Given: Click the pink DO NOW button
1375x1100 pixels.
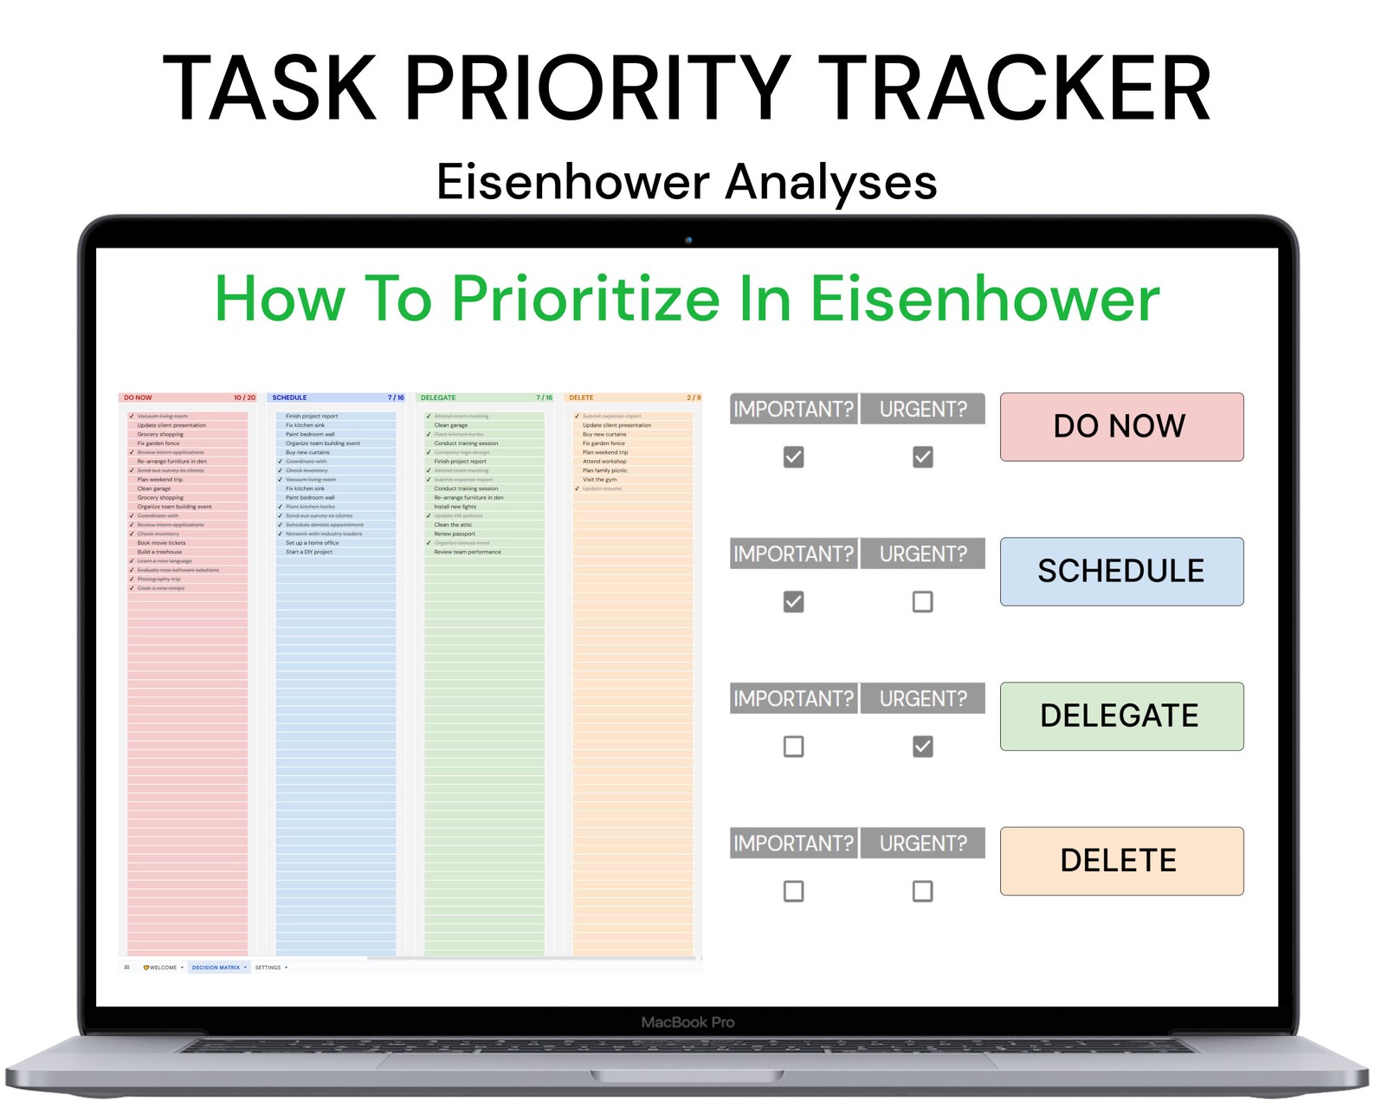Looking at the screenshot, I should [1121, 426].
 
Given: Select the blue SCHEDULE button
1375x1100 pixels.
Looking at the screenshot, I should [1121, 571].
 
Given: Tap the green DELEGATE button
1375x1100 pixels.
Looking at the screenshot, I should [1121, 715].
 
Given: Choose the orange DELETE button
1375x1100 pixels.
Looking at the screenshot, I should [1121, 860].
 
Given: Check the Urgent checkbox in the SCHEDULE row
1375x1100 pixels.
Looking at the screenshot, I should [922, 601].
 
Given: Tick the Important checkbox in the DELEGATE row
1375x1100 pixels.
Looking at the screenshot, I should [793, 746].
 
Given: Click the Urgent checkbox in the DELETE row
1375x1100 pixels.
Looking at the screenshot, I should [922, 890].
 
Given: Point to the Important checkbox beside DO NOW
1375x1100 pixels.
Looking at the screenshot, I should [793, 456].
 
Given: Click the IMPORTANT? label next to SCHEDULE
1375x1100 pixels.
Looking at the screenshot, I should [793, 553].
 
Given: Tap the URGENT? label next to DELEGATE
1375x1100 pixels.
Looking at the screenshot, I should [923, 698].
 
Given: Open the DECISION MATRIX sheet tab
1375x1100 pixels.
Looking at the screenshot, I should [216, 967].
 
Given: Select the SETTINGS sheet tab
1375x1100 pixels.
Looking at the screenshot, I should [268, 967].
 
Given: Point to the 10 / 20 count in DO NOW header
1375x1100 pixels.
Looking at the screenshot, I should [244, 398].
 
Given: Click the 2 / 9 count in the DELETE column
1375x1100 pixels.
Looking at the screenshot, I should [694, 398].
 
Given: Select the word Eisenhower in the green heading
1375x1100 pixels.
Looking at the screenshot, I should [984, 299].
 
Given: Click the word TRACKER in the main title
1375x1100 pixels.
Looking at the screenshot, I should [1014, 89].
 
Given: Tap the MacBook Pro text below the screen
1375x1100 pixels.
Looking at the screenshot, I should [687, 1022].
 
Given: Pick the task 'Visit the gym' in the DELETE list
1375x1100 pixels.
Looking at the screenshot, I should [599, 479].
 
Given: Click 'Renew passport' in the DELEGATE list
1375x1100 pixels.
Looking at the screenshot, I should [455, 534].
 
